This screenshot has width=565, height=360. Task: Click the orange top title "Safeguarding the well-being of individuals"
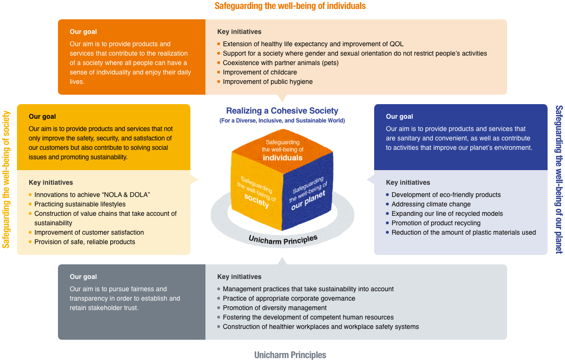click(290, 6)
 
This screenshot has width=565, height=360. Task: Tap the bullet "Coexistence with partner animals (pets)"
click(280, 63)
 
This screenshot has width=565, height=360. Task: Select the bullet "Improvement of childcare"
click(260, 72)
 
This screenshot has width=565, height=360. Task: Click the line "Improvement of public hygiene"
click(267, 82)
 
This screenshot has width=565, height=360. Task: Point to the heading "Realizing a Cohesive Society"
click(282, 111)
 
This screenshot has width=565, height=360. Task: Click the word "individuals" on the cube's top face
click(282, 157)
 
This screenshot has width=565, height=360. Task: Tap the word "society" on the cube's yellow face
click(256, 200)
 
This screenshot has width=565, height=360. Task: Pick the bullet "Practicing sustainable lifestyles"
click(80, 204)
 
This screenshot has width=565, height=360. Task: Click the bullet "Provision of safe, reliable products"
click(84, 242)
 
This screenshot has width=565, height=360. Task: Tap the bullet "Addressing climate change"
click(431, 204)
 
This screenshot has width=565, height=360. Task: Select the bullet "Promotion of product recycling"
click(436, 223)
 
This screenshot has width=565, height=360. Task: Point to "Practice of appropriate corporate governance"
click(289, 298)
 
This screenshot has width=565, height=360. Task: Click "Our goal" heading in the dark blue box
click(399, 116)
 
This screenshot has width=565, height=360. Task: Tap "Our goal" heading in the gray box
click(83, 277)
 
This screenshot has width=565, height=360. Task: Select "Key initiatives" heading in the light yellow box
click(51, 182)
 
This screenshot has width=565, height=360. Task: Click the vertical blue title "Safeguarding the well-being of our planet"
click(559, 179)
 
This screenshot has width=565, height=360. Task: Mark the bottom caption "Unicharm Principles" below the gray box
click(290, 355)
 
